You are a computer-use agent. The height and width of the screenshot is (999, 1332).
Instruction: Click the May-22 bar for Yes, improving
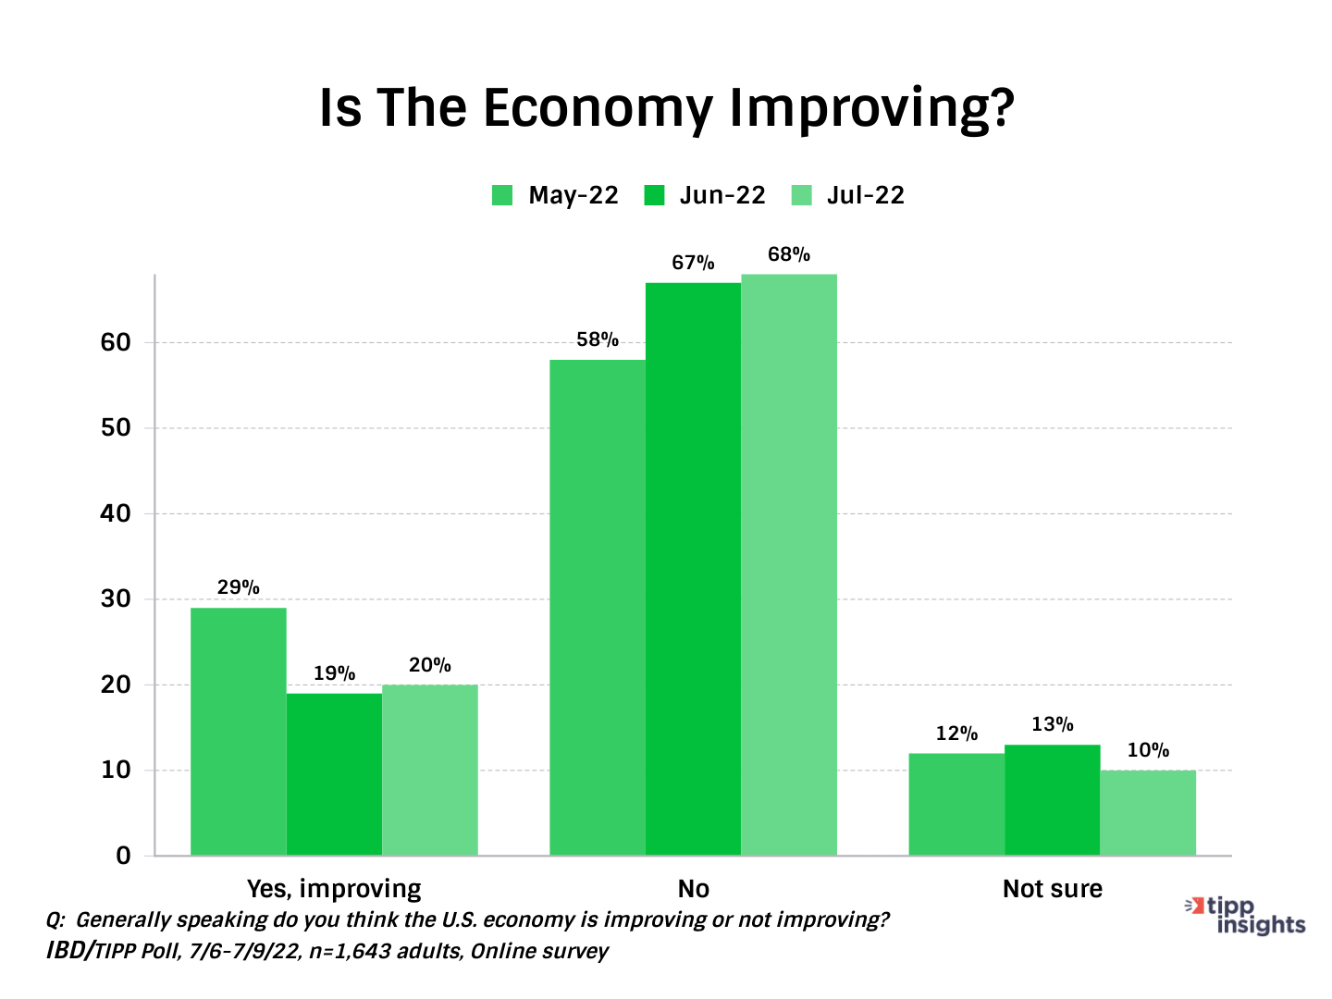coord(238,731)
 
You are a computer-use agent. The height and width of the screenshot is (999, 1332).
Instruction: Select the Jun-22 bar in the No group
coord(693,568)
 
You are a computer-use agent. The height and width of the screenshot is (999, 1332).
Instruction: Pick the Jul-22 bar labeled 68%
coord(789,564)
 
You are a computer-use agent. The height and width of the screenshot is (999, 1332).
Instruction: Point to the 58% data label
coord(597,340)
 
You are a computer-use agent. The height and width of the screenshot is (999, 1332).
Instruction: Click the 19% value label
coord(334,673)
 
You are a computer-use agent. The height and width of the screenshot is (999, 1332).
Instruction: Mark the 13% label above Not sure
coord(1053,724)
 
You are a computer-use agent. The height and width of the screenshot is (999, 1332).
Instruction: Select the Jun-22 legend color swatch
coord(655,195)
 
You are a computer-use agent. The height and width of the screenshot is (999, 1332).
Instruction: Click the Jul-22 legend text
coord(865,195)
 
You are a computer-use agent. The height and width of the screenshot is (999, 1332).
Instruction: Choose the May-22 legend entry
coord(556,195)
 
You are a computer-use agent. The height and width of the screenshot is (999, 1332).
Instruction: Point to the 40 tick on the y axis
coord(116,513)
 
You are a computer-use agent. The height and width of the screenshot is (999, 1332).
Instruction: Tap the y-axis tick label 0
coord(123,856)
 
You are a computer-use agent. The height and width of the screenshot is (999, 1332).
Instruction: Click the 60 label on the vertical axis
coord(116,342)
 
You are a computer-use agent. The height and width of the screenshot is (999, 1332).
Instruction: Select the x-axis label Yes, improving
coord(334,889)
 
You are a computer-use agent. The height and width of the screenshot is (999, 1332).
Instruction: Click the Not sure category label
coord(1053,889)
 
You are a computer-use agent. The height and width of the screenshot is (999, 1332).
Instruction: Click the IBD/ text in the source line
coord(69,951)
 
